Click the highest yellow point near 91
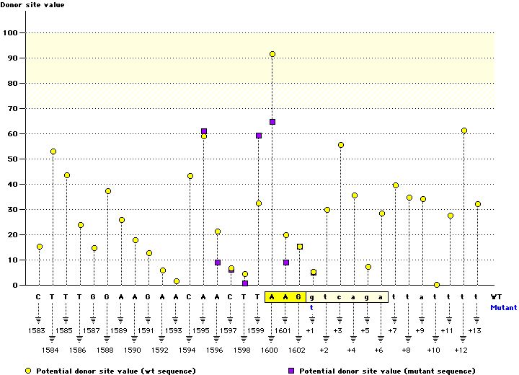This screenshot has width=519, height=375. pyautogui.click(x=272, y=54)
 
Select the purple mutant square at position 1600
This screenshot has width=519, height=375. pyautogui.click(x=272, y=122)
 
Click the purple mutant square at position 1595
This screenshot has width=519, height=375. pyautogui.click(x=204, y=131)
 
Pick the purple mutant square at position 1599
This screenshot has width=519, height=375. pyautogui.click(x=259, y=136)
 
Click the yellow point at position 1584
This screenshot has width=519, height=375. pyautogui.click(x=53, y=151)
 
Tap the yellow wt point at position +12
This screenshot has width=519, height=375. pyautogui.click(x=464, y=131)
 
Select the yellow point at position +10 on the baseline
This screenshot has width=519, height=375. pyautogui.click(x=437, y=285)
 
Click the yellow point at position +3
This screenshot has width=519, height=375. pyautogui.click(x=341, y=145)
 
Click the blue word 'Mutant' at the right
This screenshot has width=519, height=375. pyautogui.click(x=503, y=307)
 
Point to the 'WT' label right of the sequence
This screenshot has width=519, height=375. pyautogui.click(x=497, y=296)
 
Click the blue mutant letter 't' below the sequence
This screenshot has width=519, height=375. pyautogui.click(x=313, y=307)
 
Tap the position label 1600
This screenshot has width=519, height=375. pyautogui.click(x=270, y=350)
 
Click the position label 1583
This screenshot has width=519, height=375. pyautogui.click(x=37, y=330)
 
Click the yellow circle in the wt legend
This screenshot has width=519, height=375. pyautogui.click(x=28, y=371)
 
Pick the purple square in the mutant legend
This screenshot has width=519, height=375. pyautogui.click(x=292, y=371)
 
